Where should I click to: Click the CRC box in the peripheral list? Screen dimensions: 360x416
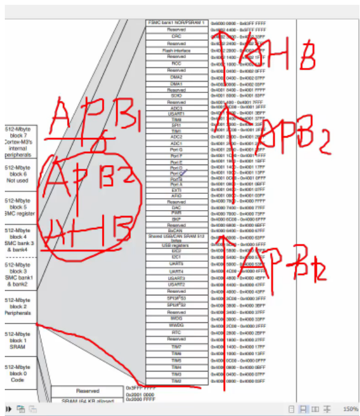click(x=176, y=36)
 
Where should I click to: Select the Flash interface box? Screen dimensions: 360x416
click(x=176, y=50)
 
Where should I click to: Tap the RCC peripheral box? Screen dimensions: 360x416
click(x=176, y=63)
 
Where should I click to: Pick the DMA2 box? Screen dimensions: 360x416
click(x=176, y=77)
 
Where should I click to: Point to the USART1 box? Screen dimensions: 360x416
click(x=176, y=113)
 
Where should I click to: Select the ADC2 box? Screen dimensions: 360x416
click(x=176, y=137)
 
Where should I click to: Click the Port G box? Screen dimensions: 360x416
click(x=176, y=149)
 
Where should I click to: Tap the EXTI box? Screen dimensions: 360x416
click(x=176, y=190)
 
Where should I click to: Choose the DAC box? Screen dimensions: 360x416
click(x=176, y=208)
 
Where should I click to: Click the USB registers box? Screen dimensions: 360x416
click(x=176, y=244)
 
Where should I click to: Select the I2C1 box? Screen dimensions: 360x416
click(x=176, y=257)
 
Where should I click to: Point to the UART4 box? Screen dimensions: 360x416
click(x=176, y=271)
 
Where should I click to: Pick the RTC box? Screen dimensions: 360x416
click(x=176, y=332)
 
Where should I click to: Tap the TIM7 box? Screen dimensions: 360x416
click(x=176, y=346)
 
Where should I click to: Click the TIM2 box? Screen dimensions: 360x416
click(x=176, y=381)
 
